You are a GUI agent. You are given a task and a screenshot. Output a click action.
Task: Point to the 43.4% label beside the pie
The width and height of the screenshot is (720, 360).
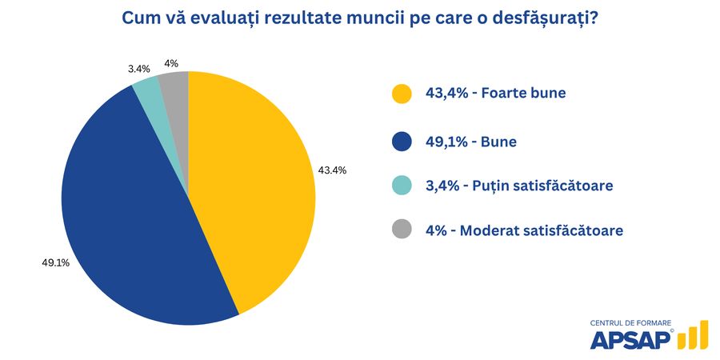tap(332, 170)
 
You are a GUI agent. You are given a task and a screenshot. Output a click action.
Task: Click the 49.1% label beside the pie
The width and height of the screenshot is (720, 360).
tap(55, 262)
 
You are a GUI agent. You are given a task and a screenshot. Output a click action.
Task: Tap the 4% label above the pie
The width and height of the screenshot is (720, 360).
tap(171, 63)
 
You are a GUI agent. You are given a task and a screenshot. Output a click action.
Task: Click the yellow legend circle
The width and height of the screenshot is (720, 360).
tap(402, 94)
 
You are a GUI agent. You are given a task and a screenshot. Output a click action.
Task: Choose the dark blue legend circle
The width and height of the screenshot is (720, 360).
tap(402, 142)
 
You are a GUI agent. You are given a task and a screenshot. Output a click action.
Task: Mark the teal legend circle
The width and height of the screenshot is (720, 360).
tap(402, 186)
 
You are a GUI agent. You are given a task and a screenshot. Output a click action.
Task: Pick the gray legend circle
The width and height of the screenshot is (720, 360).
tap(402, 230)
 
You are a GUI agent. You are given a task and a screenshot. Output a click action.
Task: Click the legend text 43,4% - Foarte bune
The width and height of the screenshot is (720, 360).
tap(495, 94)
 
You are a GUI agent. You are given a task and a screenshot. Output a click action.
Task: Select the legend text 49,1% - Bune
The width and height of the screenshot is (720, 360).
tap(470, 142)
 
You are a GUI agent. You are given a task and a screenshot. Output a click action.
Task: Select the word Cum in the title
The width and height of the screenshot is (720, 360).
tap(141, 18)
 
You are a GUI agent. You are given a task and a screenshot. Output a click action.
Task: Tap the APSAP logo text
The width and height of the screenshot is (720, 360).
tap(630, 339)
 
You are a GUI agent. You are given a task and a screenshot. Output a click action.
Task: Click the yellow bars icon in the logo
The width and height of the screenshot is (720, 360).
tap(693, 336)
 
